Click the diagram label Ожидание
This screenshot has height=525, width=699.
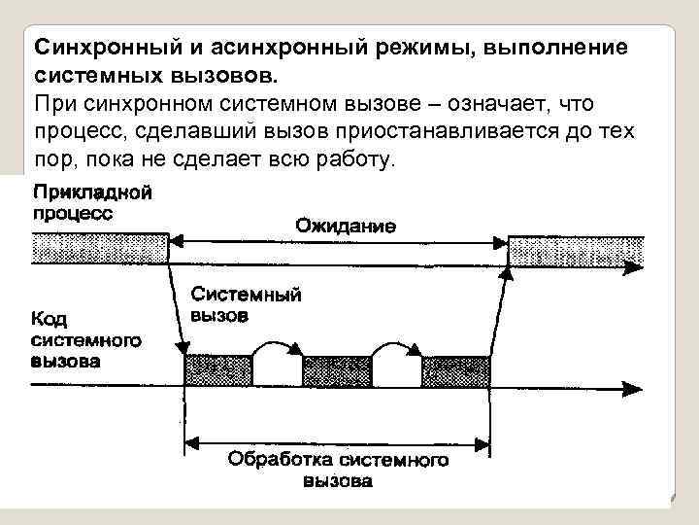click(345, 227)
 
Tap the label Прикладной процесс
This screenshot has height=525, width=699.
click(91, 201)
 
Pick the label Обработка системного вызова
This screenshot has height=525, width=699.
click(338, 468)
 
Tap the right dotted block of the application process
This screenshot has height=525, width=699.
click(575, 250)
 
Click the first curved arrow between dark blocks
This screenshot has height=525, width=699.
click(278, 348)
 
